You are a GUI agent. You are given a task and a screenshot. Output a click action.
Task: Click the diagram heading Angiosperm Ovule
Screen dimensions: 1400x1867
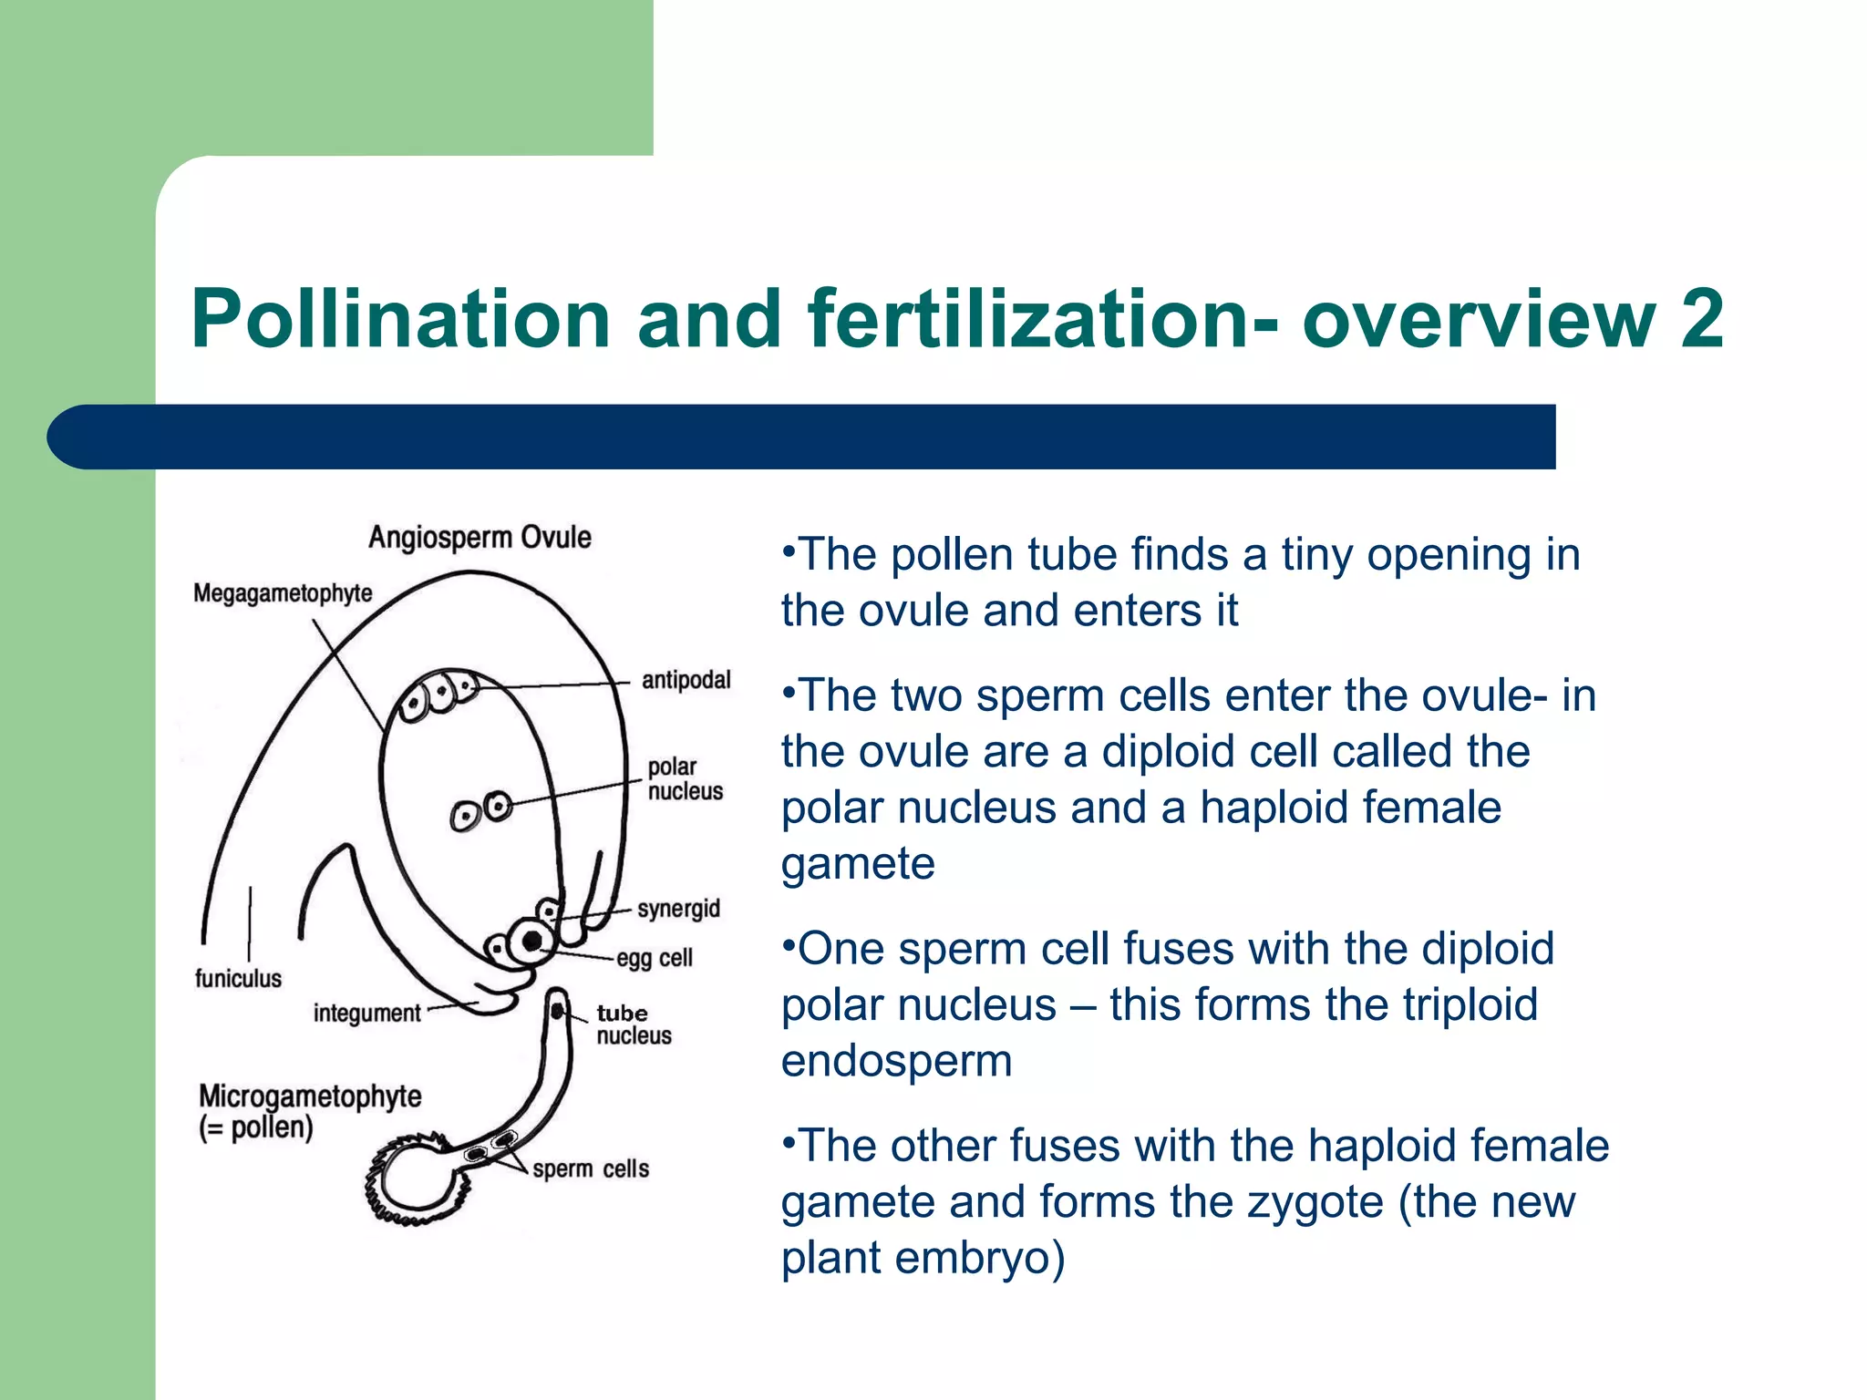[480, 538]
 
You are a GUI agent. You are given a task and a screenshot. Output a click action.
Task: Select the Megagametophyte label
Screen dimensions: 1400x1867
[283, 593]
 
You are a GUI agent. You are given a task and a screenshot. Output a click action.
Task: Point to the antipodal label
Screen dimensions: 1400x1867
[686, 680]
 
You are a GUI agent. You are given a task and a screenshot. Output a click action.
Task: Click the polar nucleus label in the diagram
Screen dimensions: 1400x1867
[685, 779]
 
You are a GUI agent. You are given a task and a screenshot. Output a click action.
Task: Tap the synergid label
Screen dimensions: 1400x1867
[678, 909]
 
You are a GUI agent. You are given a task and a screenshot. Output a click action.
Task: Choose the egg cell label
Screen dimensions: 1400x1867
[655, 958]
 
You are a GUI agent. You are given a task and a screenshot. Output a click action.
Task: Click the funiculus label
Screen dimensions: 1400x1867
[238, 979]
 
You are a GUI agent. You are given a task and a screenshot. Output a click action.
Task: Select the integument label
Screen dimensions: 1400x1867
[366, 1014]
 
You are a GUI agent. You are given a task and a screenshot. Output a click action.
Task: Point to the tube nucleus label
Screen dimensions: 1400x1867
[634, 1024]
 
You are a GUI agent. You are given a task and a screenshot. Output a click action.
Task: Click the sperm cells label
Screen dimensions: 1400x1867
[591, 1168]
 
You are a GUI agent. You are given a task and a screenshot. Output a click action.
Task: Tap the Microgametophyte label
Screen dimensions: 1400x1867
[310, 1096]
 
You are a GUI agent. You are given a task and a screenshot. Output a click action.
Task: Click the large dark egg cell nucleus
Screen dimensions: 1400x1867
[532, 940]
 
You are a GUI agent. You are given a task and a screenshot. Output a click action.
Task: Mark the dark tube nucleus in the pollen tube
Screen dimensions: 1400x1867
[557, 1011]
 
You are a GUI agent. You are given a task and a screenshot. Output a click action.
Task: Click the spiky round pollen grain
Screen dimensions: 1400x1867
[415, 1181]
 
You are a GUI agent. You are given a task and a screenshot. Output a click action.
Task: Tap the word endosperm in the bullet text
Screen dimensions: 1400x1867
[896, 1062]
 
